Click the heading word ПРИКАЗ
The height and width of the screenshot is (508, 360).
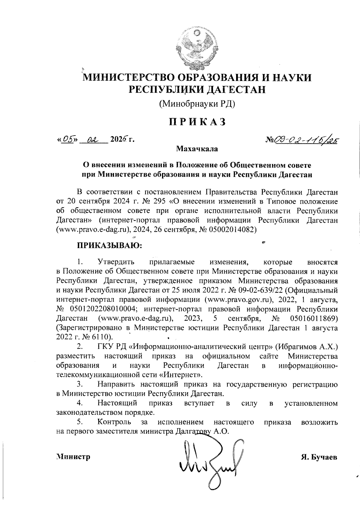[197, 122]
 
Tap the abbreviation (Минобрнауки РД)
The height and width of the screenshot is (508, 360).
[197, 104]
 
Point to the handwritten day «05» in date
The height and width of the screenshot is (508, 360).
[68, 140]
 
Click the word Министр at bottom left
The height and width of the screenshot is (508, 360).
[73, 457]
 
